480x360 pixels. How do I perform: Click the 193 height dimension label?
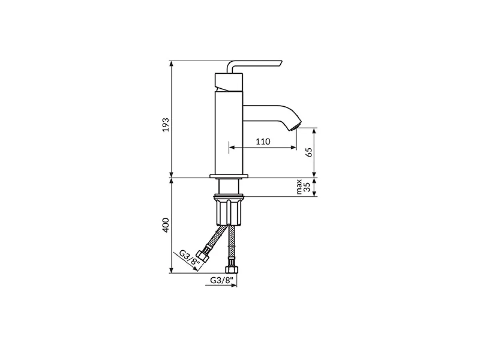coord(166,124)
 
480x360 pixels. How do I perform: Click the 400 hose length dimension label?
coord(166,225)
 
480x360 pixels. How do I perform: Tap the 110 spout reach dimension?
coord(263,142)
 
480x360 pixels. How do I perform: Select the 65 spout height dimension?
coord(309,152)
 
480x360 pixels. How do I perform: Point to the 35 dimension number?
coord(307,187)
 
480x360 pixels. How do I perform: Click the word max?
coord(299,187)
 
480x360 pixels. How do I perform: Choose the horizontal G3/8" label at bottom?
coord(222,280)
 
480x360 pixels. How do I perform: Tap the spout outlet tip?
coord(296,127)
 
